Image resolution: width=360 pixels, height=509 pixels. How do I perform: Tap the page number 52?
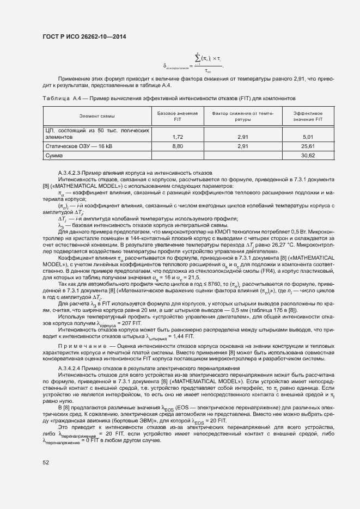(x=46, y=462)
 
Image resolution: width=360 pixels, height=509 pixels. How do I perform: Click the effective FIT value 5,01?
(x=308, y=137)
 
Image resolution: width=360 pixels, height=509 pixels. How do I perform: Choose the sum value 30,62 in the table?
(x=308, y=155)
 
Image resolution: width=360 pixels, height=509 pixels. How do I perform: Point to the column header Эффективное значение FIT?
(x=308, y=116)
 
